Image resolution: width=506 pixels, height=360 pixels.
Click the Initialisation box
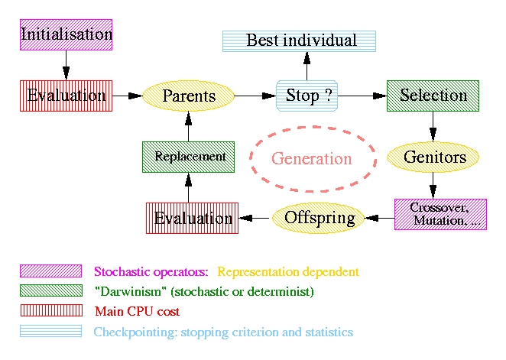point(66,35)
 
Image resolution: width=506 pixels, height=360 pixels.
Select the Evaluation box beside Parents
point(66,96)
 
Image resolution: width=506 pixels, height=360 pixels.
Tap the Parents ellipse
point(189,96)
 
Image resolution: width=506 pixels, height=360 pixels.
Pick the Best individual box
point(300,41)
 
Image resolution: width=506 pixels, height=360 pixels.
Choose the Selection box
point(433,96)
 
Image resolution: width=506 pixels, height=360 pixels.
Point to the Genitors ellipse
point(434,157)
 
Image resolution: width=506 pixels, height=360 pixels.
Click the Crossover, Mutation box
point(440,214)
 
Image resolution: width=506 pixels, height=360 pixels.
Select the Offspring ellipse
point(319,218)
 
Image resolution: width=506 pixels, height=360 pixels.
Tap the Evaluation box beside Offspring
point(192,218)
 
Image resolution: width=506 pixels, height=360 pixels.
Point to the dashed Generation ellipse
point(312,158)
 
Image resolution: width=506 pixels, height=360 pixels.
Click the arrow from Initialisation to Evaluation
point(66,65)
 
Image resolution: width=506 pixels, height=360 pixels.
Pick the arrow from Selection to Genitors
point(433,125)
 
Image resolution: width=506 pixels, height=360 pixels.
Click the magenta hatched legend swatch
point(50,271)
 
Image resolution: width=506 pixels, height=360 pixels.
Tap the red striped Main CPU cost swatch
point(50,310)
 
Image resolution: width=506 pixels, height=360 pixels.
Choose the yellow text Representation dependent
point(288,271)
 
